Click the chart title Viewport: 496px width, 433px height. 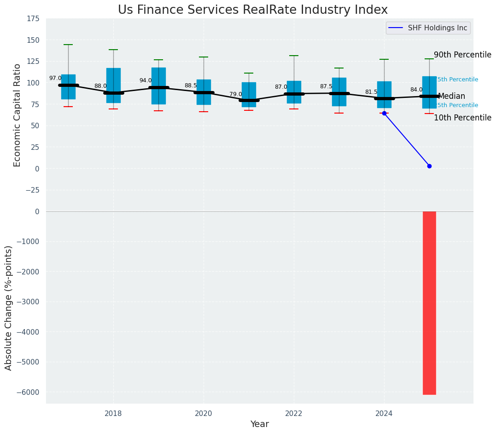click(252, 10)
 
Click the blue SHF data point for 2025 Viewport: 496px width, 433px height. click(429, 166)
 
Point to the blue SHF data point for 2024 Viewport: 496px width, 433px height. click(384, 113)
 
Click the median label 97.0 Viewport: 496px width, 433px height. click(55, 79)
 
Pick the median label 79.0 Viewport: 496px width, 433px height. click(236, 95)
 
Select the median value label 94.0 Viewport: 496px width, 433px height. click(146, 81)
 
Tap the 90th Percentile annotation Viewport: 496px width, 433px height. click(462, 55)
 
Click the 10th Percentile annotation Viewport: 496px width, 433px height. click(462, 118)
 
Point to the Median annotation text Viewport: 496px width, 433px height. click(451, 97)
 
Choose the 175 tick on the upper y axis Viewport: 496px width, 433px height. click(33, 19)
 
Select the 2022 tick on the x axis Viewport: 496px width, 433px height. click(294, 414)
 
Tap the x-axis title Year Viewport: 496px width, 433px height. click(259, 424)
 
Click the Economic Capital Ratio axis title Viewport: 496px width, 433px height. click(18, 115)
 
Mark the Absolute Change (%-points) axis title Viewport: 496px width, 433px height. click(9, 308)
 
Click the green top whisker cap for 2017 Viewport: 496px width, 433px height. click(68, 45)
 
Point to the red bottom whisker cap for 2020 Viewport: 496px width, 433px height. click(204, 112)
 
